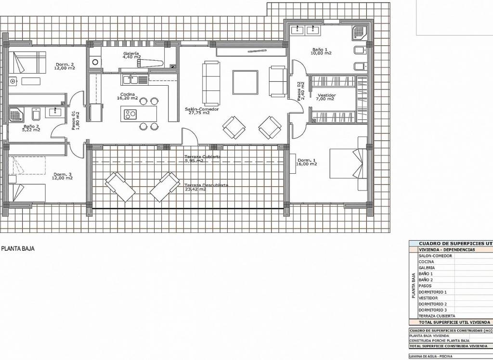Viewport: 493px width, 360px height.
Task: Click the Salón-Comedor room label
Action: point(197,111)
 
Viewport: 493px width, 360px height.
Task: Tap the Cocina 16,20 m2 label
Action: point(127,96)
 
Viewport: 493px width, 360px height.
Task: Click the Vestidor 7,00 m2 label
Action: point(325,97)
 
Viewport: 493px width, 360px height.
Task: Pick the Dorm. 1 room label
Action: point(307,162)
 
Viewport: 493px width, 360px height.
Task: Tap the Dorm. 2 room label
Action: point(65,66)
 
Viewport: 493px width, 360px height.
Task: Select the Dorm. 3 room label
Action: point(63,176)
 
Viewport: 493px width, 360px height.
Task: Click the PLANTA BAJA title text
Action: point(18,249)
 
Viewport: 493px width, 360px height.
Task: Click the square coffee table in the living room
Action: point(245,82)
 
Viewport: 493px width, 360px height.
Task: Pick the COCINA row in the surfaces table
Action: point(427,262)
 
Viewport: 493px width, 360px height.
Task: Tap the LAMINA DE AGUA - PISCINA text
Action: point(431,357)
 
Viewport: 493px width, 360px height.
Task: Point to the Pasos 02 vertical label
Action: point(301,90)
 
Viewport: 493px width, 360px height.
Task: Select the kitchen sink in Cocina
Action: point(130,79)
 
